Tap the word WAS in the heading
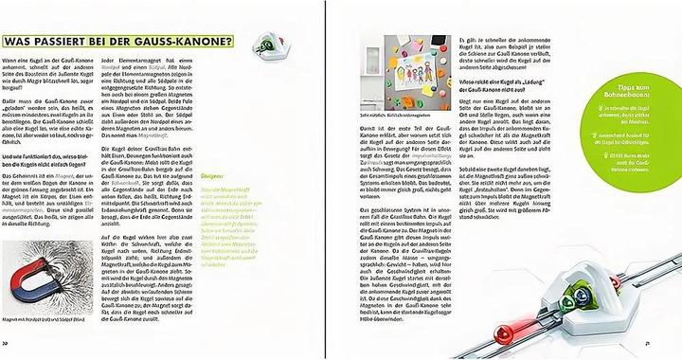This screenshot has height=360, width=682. click(19, 44)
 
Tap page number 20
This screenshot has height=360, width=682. click(6, 343)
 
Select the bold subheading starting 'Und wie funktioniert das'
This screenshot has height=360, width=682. click(46, 158)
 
